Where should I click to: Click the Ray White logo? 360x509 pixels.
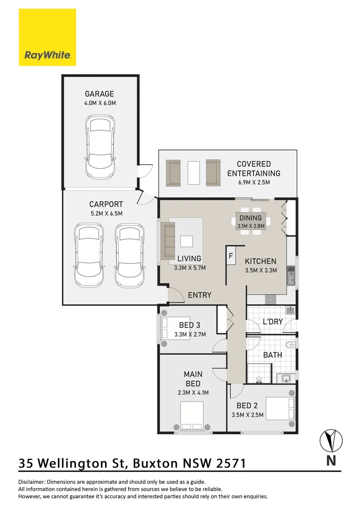pos(47,37)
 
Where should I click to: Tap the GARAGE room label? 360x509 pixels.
pos(99,94)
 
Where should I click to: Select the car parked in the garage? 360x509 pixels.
pos(99,147)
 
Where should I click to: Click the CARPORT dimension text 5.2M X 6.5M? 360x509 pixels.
pos(106,213)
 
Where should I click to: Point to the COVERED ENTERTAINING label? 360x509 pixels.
pos(254,168)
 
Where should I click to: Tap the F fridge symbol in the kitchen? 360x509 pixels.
pos(231,256)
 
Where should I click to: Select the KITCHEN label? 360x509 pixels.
pos(261,261)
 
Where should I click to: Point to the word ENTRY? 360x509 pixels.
pos(199,295)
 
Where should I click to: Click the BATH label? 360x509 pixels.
pos(272,354)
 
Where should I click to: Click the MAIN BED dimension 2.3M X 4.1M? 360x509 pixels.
pos(193,392)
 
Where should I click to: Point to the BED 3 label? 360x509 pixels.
pos(189,325)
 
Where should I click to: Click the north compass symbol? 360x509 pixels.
pos(331,441)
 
